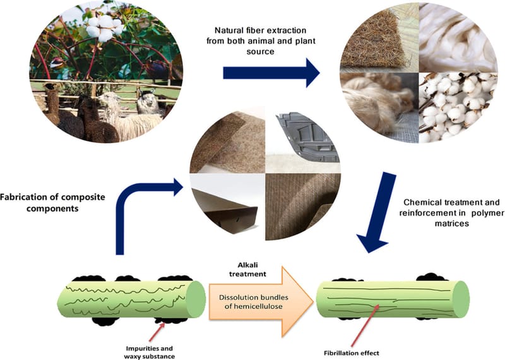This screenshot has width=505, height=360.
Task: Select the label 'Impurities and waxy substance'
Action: (148, 351)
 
